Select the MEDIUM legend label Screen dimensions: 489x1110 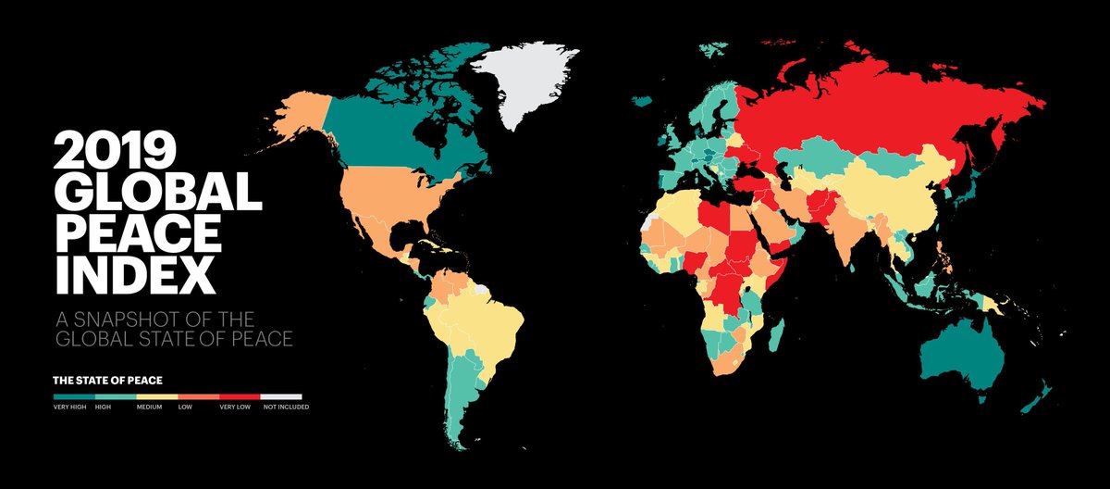tap(149, 407)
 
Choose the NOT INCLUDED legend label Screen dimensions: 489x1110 tap(286, 407)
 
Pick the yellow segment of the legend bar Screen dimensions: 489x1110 tap(156, 395)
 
